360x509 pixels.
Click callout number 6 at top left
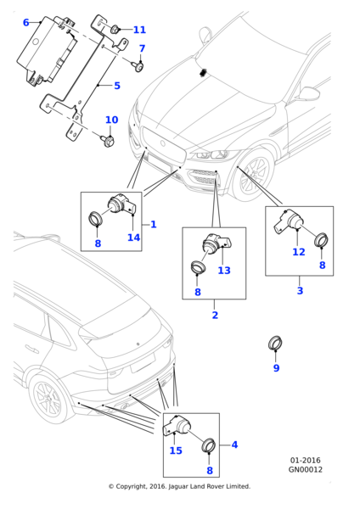[25, 23]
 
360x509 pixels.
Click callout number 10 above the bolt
[111, 120]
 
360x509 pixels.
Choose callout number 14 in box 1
[133, 238]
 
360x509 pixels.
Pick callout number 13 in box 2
[223, 271]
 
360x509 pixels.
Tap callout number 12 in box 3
[298, 252]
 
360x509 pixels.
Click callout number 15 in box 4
[175, 450]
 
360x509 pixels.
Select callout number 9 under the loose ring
[276, 368]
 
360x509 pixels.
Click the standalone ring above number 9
[276, 344]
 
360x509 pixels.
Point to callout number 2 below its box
[214, 315]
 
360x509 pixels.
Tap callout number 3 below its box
[299, 291]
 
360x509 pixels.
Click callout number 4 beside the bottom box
[234, 445]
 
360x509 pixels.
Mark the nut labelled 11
[114, 31]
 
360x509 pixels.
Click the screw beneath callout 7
[138, 64]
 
